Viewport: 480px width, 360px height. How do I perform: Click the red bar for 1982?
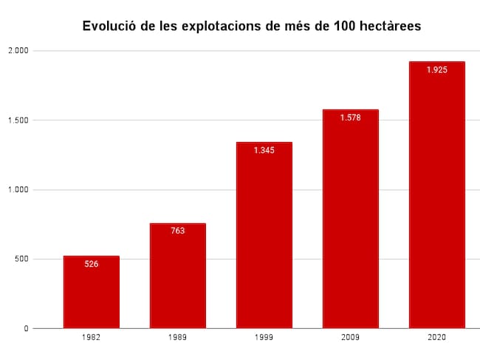[92, 292]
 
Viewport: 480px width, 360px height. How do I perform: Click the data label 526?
[92, 264]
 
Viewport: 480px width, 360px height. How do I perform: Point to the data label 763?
[177, 231]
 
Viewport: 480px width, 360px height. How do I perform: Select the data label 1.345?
[264, 150]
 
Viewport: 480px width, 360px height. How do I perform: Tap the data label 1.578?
[350, 118]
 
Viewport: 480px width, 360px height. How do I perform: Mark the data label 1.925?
[436, 69]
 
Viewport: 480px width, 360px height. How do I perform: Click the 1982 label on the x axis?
[92, 337]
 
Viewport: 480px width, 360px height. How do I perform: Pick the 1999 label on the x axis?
[264, 337]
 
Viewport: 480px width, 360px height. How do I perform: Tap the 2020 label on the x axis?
[436, 337]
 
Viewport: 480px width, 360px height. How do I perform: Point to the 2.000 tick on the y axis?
[18, 51]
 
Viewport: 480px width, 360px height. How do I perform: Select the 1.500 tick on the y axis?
[18, 120]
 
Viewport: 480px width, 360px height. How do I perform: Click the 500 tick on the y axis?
[21, 259]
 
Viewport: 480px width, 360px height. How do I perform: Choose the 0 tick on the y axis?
[26, 328]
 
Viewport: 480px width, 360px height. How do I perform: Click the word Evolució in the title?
[109, 27]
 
